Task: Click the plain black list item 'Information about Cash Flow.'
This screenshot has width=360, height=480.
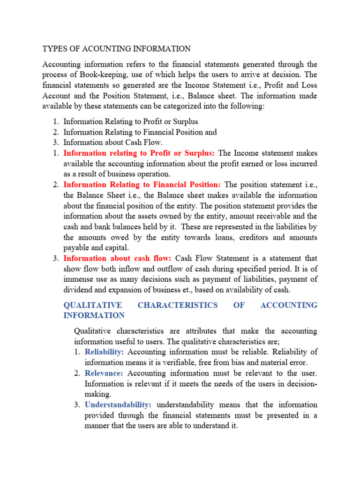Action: (112, 142)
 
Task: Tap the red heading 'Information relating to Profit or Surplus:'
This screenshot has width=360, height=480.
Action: (139, 153)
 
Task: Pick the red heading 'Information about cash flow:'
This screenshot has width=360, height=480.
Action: (118, 258)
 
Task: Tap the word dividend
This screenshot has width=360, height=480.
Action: (78, 290)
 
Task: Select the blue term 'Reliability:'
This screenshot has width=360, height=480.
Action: (104, 352)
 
